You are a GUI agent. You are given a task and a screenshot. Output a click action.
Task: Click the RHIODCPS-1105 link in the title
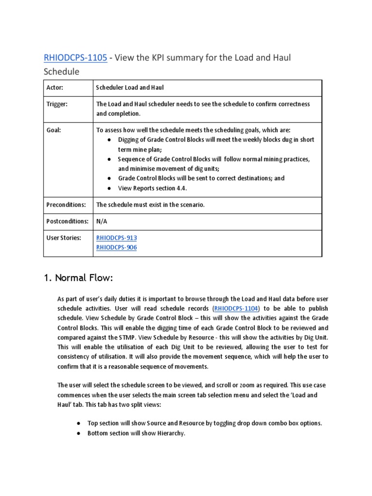pyautogui.click(x=75, y=58)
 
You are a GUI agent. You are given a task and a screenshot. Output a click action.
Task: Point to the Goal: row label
pyautogui.click(x=54, y=130)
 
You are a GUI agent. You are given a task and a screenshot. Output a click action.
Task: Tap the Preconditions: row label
pyautogui.click(x=66, y=205)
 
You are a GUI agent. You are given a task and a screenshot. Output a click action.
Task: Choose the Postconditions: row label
pyautogui.click(x=67, y=221)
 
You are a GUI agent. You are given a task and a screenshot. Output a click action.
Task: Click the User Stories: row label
pyautogui.click(x=64, y=238)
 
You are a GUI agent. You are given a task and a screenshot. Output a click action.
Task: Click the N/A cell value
pyautogui.click(x=102, y=221)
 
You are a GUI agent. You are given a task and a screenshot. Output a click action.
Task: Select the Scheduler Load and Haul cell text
pyautogui.click(x=130, y=88)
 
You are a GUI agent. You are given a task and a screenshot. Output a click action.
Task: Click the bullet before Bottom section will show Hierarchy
pyautogui.click(x=78, y=433)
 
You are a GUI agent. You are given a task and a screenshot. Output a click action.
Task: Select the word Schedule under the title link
pyautogui.click(x=62, y=72)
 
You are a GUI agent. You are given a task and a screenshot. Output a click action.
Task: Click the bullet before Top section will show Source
pyautogui.click(x=78, y=423)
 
